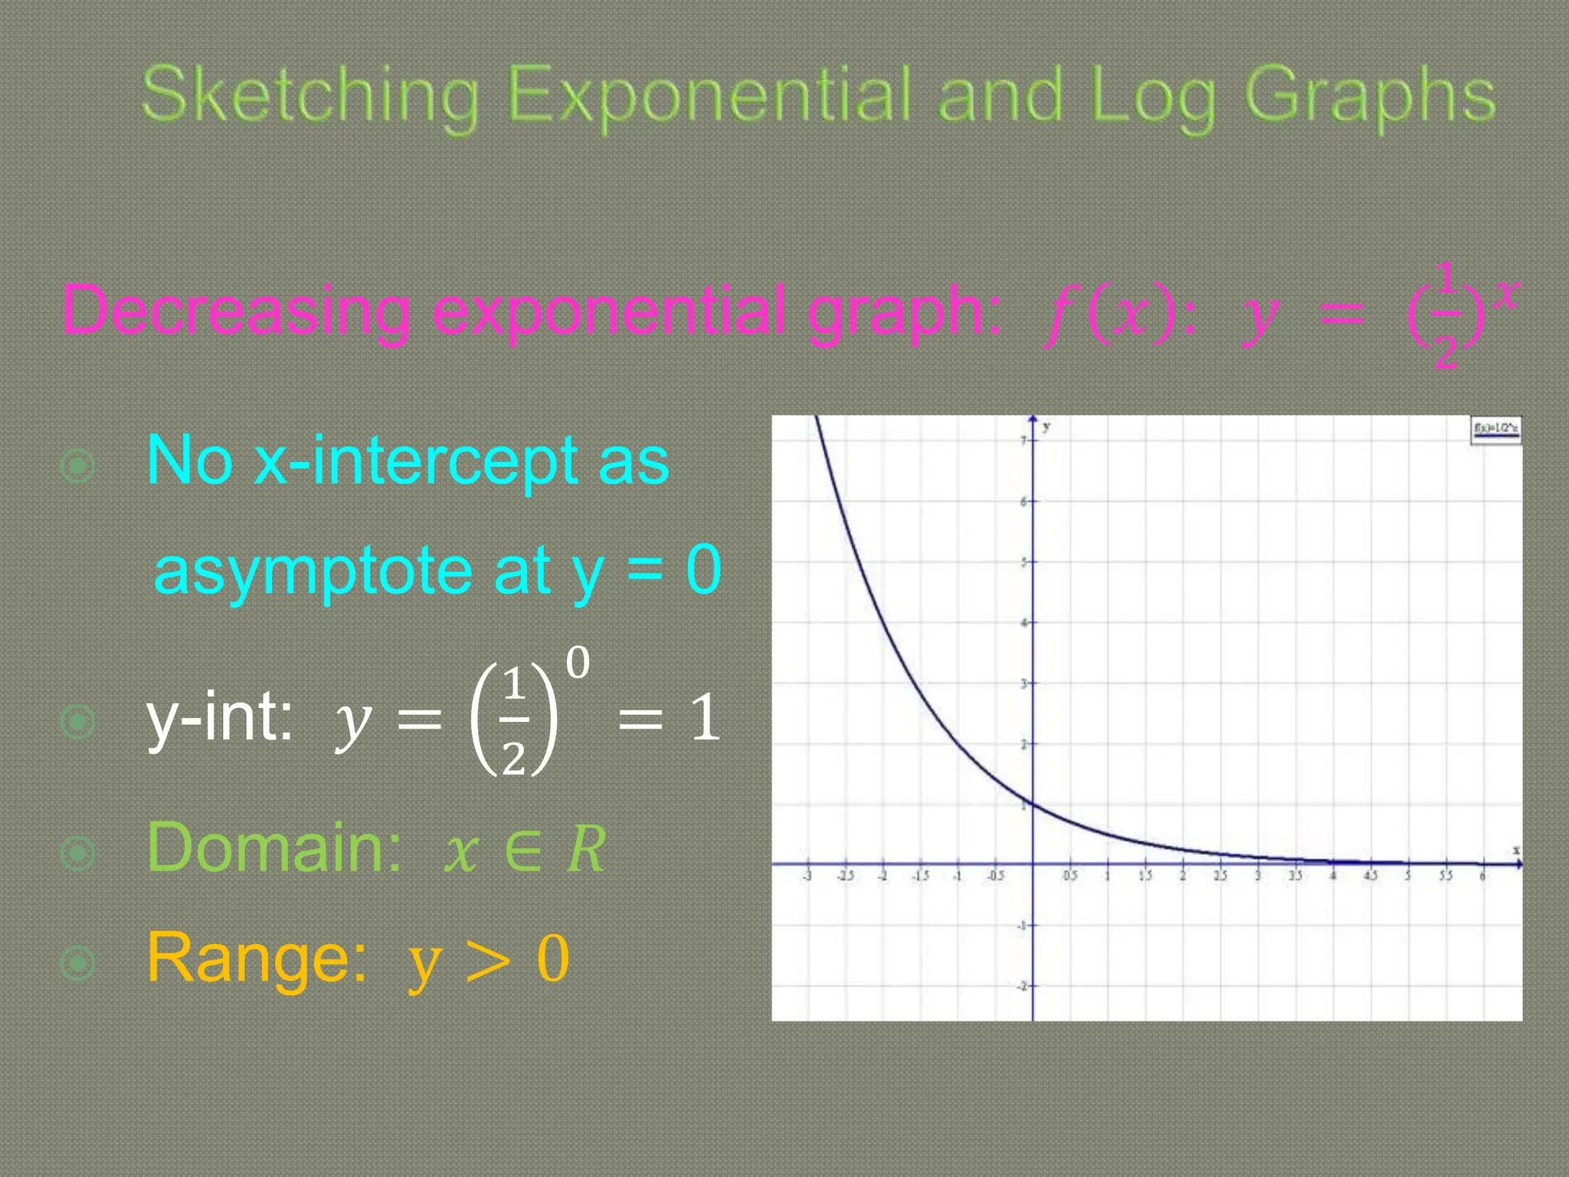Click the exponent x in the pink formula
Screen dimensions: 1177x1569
(x=1506, y=293)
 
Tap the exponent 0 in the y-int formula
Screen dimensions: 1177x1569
(x=578, y=663)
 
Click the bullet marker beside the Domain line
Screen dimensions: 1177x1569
(x=78, y=853)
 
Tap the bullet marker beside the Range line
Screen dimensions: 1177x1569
(x=78, y=963)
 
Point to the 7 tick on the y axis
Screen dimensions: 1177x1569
(x=1024, y=441)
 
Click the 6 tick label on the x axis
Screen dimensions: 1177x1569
(x=1482, y=876)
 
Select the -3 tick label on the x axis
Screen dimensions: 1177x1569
(x=807, y=876)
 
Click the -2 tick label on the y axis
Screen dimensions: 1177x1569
(x=1021, y=986)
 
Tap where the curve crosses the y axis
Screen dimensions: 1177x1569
(x=1033, y=804)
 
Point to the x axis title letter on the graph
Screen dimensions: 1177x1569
(x=1515, y=851)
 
